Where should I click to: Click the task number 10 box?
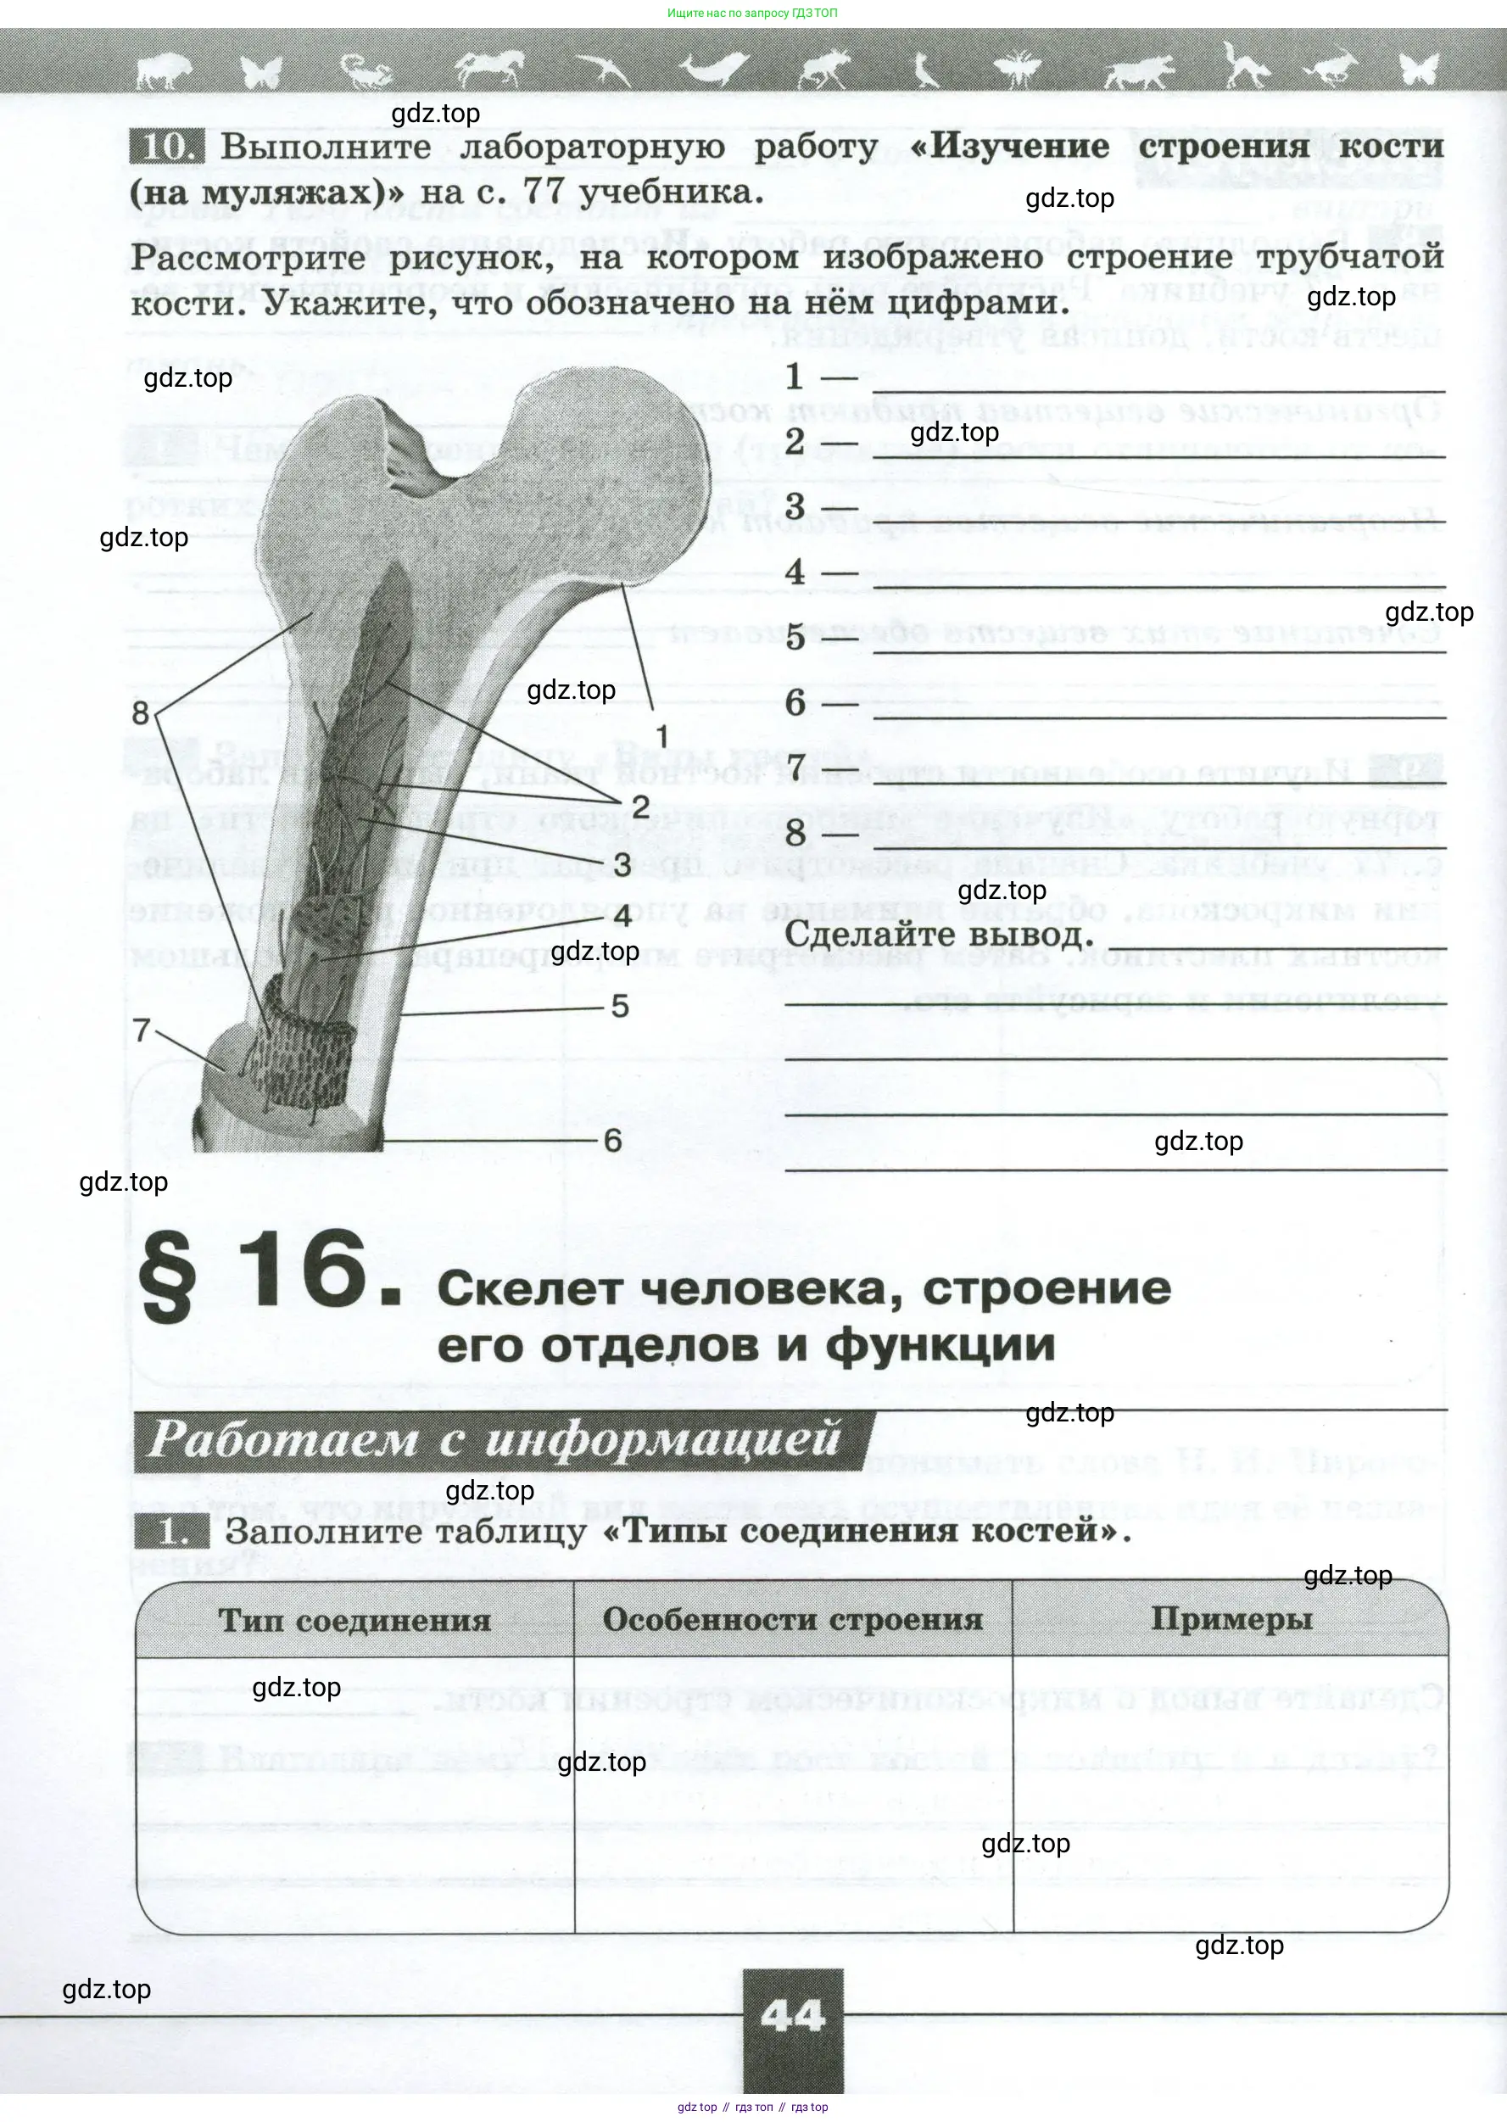tap(166, 147)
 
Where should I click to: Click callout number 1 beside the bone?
tap(661, 736)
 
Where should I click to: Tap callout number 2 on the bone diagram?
tap(640, 806)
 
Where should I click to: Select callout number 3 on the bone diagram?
tap(622, 864)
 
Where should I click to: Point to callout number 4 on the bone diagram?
tap(622, 916)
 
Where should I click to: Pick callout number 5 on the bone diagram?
tap(620, 1006)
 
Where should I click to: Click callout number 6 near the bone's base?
tap(612, 1141)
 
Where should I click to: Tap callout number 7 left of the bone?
tap(141, 1030)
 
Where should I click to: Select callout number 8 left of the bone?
tap(140, 712)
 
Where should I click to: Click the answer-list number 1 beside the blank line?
tap(795, 377)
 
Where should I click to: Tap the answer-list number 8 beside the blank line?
tap(795, 833)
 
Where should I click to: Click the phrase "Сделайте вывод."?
tap(939, 934)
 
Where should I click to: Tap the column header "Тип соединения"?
tap(354, 1620)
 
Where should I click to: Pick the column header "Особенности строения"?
tap(792, 1619)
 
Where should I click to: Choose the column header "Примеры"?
tap(1231, 1618)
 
